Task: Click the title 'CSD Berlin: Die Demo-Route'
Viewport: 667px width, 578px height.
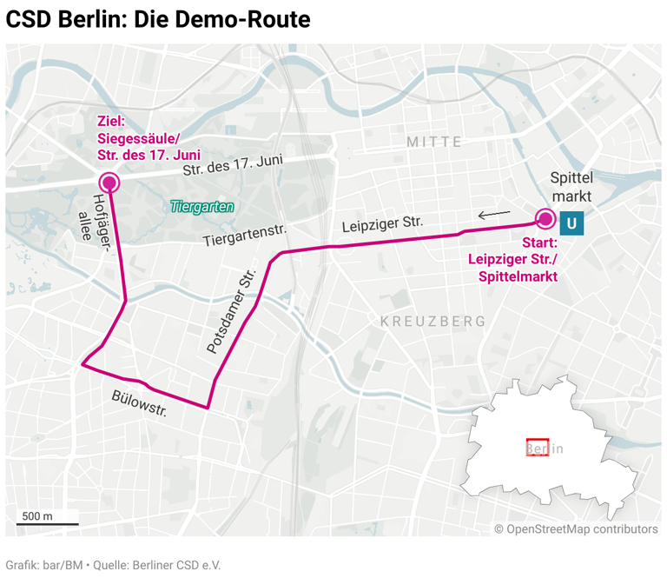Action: pos(158,19)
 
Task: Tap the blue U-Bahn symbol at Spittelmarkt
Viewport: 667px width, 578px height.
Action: pos(571,223)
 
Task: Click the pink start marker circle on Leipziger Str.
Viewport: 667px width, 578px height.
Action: pos(545,218)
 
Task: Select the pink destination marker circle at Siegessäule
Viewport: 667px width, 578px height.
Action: pos(109,182)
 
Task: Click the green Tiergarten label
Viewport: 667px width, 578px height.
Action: pos(202,207)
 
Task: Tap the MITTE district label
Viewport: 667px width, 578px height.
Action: pos(434,141)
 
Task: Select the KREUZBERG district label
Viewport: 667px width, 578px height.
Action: pos(433,322)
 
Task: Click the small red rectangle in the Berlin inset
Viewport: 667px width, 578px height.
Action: pos(537,448)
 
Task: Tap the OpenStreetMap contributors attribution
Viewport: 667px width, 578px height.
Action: pos(576,528)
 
